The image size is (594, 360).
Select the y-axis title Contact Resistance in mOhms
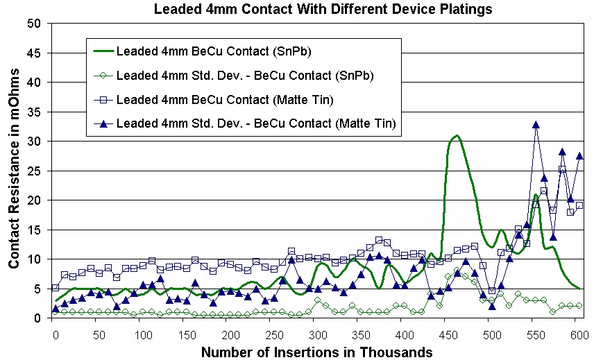click(14, 170)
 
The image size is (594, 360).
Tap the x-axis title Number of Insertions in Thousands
click(316, 352)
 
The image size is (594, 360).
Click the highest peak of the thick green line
click(456, 135)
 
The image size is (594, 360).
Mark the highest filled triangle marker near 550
click(536, 124)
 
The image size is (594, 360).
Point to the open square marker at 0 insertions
click(56, 287)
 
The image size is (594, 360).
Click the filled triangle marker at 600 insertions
click(579, 155)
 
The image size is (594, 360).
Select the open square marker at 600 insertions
click(579, 205)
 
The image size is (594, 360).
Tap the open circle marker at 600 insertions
click(579, 305)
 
